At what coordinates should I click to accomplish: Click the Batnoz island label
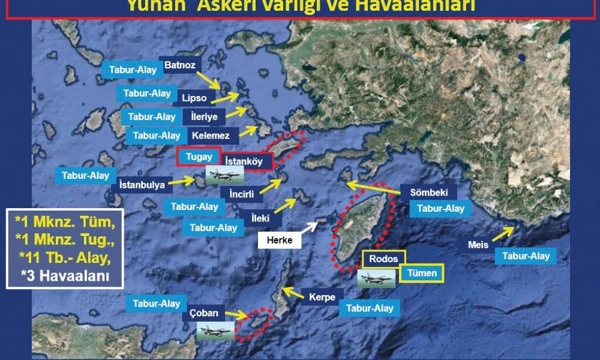[x=180, y=65]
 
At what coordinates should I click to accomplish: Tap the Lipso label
[x=193, y=97]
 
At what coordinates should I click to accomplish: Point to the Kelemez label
[x=211, y=136]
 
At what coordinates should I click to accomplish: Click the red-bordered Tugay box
[x=199, y=157]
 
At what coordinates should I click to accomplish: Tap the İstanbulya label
[x=142, y=185]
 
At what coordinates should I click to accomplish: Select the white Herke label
[x=280, y=240]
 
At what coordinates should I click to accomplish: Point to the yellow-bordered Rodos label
[x=384, y=259]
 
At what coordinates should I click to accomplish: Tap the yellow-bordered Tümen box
[x=422, y=273]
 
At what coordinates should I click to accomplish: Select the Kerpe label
[x=322, y=297]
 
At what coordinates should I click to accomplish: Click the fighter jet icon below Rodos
[x=377, y=279]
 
